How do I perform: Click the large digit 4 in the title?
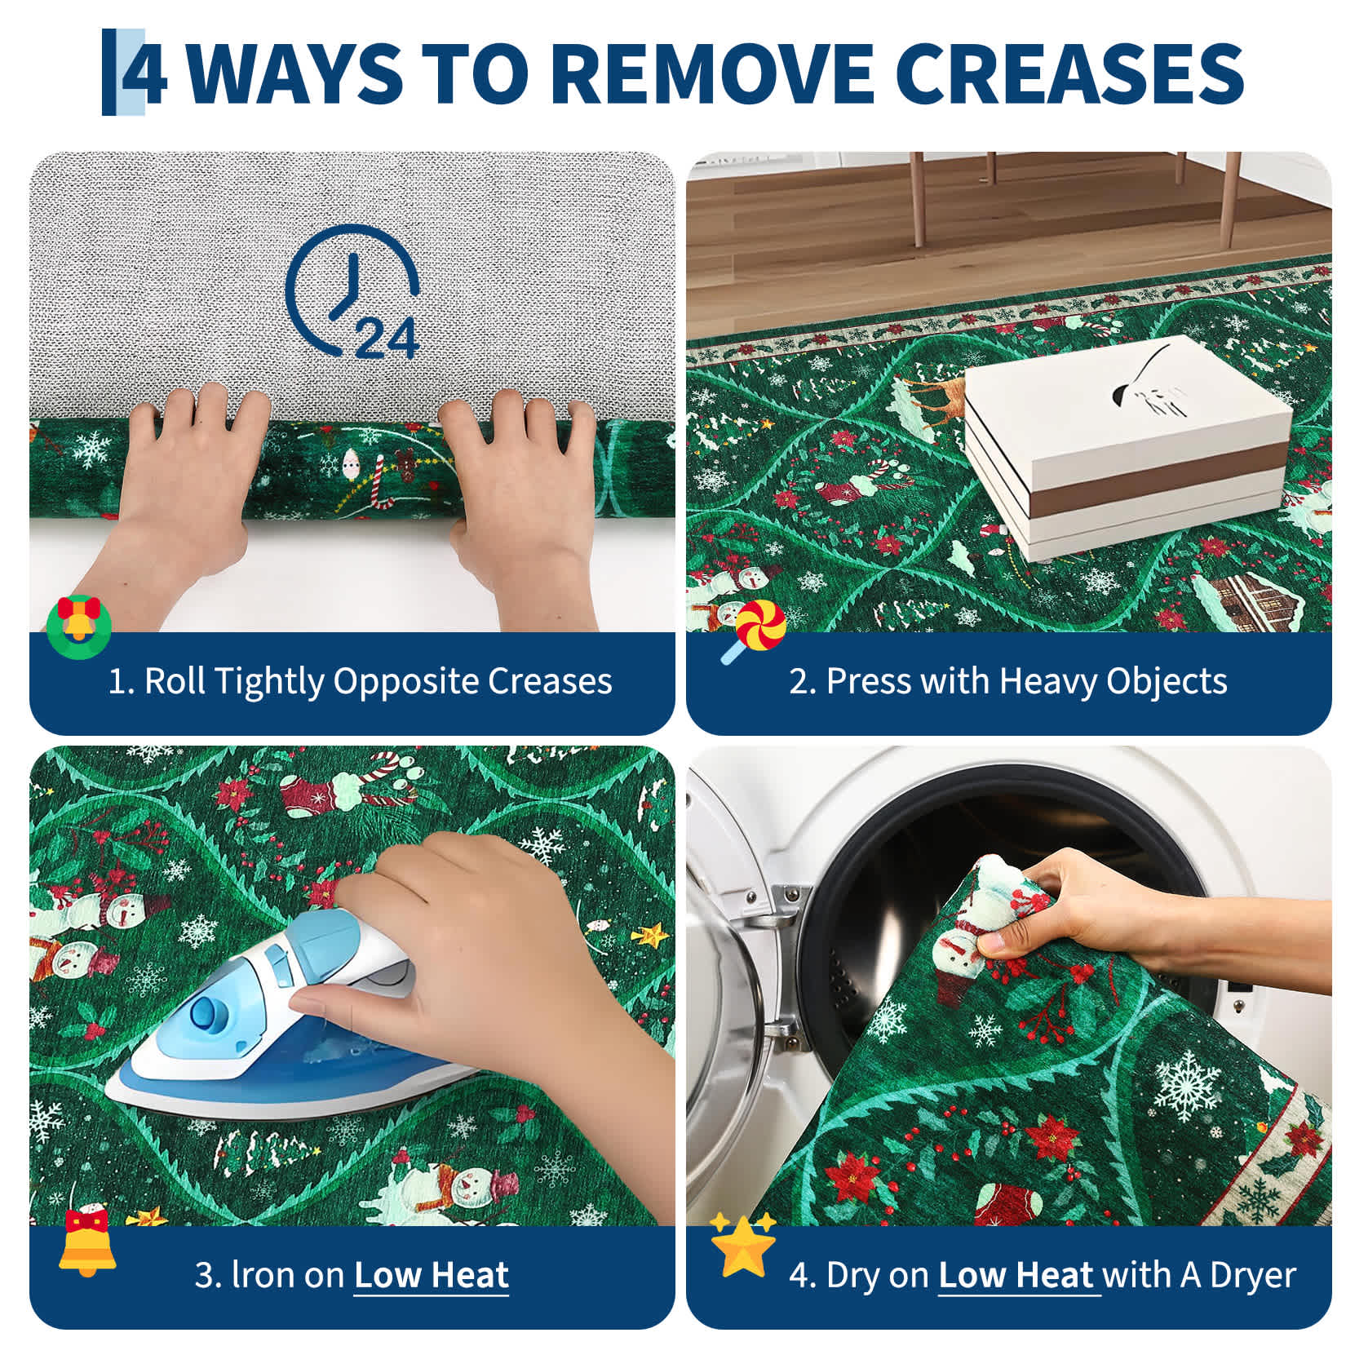145,73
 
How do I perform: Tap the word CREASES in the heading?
1074,73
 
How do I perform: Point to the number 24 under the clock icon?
387,338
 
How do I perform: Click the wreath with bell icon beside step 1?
78,626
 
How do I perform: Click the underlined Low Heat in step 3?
432,1275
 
